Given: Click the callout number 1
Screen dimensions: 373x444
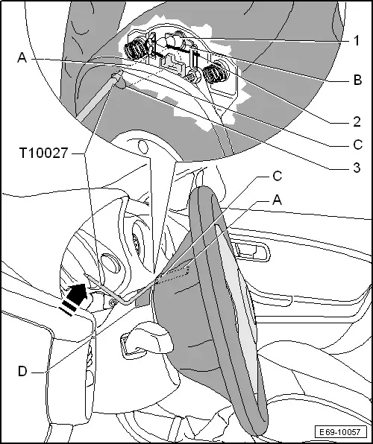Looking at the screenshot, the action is coord(357,40).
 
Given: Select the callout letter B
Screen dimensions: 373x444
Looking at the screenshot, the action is coord(357,80).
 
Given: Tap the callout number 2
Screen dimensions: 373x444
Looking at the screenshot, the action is coord(357,121).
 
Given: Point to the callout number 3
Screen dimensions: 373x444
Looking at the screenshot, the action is coord(357,168).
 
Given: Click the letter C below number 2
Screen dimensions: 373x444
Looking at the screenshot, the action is coord(358,145).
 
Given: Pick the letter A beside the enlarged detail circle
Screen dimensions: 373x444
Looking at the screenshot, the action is coord(22,57).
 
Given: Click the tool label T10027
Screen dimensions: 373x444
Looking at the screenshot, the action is coord(44,153).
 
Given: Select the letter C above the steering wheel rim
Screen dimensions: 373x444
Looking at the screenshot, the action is coord(278,176).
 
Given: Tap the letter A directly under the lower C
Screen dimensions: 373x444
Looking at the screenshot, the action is coord(277,200).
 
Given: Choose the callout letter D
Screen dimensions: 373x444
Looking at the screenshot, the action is coord(22,371).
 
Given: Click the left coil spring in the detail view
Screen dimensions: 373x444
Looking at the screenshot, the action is coord(137,48).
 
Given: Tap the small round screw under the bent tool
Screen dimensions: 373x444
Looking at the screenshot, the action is coord(113,302).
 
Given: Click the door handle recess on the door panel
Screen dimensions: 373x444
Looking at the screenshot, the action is coord(252,250).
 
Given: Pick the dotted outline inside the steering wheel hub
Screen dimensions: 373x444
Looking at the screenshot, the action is coord(172,275).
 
